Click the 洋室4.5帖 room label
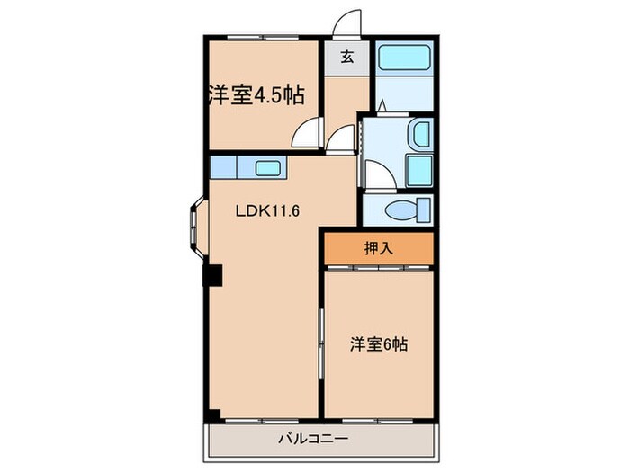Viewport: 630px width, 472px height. pos(256,95)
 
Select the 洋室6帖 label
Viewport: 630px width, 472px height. pos(379,344)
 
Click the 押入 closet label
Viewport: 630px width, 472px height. pos(379,249)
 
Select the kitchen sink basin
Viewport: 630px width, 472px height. pos(267,167)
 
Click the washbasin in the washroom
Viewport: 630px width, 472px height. pos(420,136)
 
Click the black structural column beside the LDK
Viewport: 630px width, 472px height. pos(211,274)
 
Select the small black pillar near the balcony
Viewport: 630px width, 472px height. pos(212,415)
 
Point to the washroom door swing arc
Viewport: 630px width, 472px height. pos(379,175)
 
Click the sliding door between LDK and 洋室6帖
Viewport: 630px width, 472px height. pos(321,346)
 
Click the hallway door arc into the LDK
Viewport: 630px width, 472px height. pos(342,140)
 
